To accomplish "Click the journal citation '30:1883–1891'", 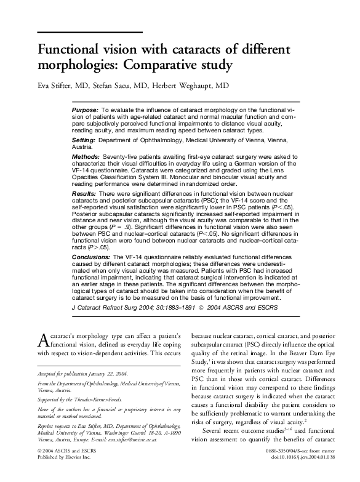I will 174,307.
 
